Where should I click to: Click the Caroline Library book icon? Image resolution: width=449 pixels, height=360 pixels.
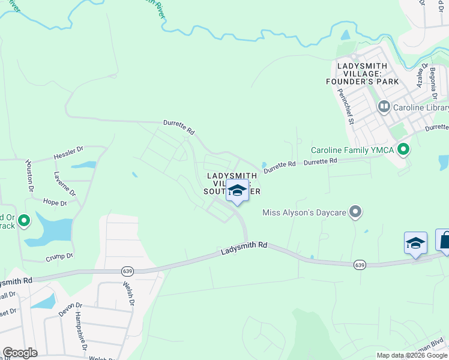pos(384,107)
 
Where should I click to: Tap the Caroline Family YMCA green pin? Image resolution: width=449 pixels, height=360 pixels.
pos(403,149)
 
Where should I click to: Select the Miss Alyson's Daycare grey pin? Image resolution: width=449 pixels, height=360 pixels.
pos(356,211)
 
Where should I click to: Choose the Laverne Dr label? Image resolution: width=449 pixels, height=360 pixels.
pos(65,185)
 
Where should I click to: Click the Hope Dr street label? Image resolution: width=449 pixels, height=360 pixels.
pos(55,203)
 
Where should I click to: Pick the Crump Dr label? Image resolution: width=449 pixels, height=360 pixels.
pos(59,256)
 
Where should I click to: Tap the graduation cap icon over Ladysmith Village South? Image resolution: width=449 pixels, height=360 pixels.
pos(237,191)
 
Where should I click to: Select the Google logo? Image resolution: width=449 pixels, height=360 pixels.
pos(20,353)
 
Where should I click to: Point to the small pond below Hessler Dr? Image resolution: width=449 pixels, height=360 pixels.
pos(83,164)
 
